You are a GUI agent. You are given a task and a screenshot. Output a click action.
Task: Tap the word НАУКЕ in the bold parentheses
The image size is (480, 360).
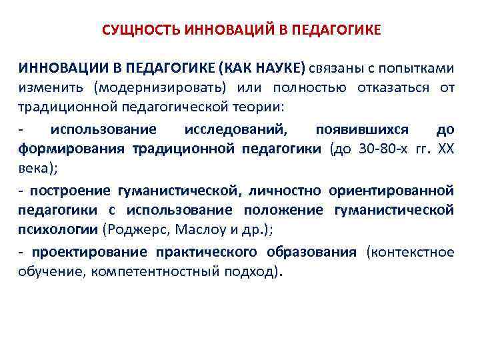[278, 68]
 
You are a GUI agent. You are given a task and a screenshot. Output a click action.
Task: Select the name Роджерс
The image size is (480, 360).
[129, 231]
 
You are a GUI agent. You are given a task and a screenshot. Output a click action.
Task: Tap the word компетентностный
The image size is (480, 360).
[154, 272]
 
